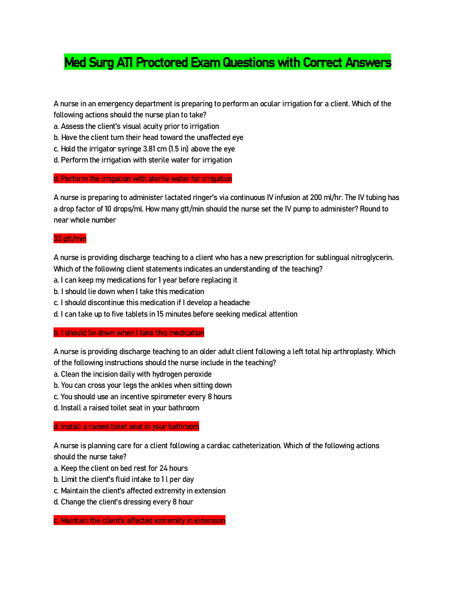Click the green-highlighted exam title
click(227, 62)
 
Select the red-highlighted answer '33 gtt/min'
click(70, 239)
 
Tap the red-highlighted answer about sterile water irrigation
click(143, 179)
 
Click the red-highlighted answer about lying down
click(129, 333)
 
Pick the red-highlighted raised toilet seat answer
click(126, 427)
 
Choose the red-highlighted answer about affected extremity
click(140, 521)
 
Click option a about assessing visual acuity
click(136, 127)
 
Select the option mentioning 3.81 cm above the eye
click(144, 149)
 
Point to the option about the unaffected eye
click(148, 138)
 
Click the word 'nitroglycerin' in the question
click(372, 258)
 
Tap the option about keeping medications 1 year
click(145, 280)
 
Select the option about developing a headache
click(152, 303)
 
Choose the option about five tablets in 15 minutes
click(175, 314)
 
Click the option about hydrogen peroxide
click(133, 374)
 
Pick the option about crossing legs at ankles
click(143, 386)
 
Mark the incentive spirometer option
click(143, 397)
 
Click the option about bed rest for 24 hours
click(120, 469)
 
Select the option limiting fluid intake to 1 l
click(123, 480)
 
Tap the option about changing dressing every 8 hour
click(123, 502)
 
